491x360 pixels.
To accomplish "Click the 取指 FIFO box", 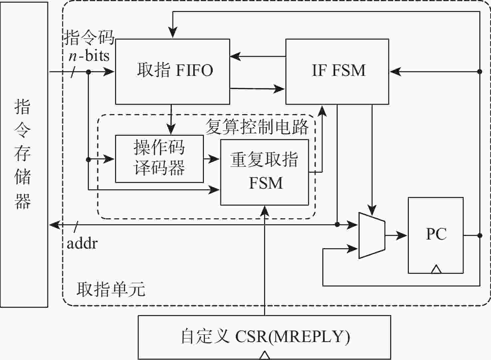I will (x=172, y=72).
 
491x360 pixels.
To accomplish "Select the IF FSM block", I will (x=337, y=72).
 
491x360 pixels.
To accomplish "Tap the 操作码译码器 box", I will (x=159, y=159).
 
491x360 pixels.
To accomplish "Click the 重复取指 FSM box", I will (x=264, y=172).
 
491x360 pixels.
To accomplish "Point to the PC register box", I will (x=435, y=235).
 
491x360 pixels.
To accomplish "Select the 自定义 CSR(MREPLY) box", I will (x=264, y=337).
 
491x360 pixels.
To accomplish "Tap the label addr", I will (x=82, y=244).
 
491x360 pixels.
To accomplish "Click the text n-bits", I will (x=89, y=56).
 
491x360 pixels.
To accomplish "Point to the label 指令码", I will (x=89, y=37).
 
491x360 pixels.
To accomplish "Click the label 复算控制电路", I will (x=257, y=127).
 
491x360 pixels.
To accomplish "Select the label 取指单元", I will (x=111, y=289).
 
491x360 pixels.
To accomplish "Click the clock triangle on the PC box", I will (x=436, y=270).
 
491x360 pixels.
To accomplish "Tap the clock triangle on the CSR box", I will (x=264, y=356).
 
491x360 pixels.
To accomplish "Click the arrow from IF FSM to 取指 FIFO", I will (x=258, y=56).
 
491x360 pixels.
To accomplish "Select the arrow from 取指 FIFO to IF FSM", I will (x=258, y=89).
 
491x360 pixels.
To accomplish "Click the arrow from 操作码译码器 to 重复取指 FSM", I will (x=212, y=159).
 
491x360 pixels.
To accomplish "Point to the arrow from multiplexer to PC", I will (x=396, y=236).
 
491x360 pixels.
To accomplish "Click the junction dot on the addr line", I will (x=337, y=225).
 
